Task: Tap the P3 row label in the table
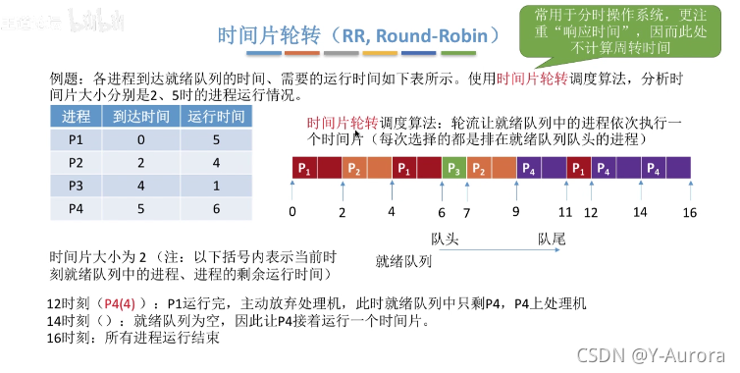click(x=76, y=186)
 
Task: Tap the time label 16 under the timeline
click(x=690, y=212)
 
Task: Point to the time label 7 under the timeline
click(x=466, y=212)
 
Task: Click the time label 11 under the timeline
click(x=565, y=212)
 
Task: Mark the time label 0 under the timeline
click(x=292, y=212)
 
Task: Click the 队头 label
click(x=444, y=239)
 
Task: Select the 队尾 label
click(x=552, y=239)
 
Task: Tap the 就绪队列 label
click(x=402, y=262)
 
